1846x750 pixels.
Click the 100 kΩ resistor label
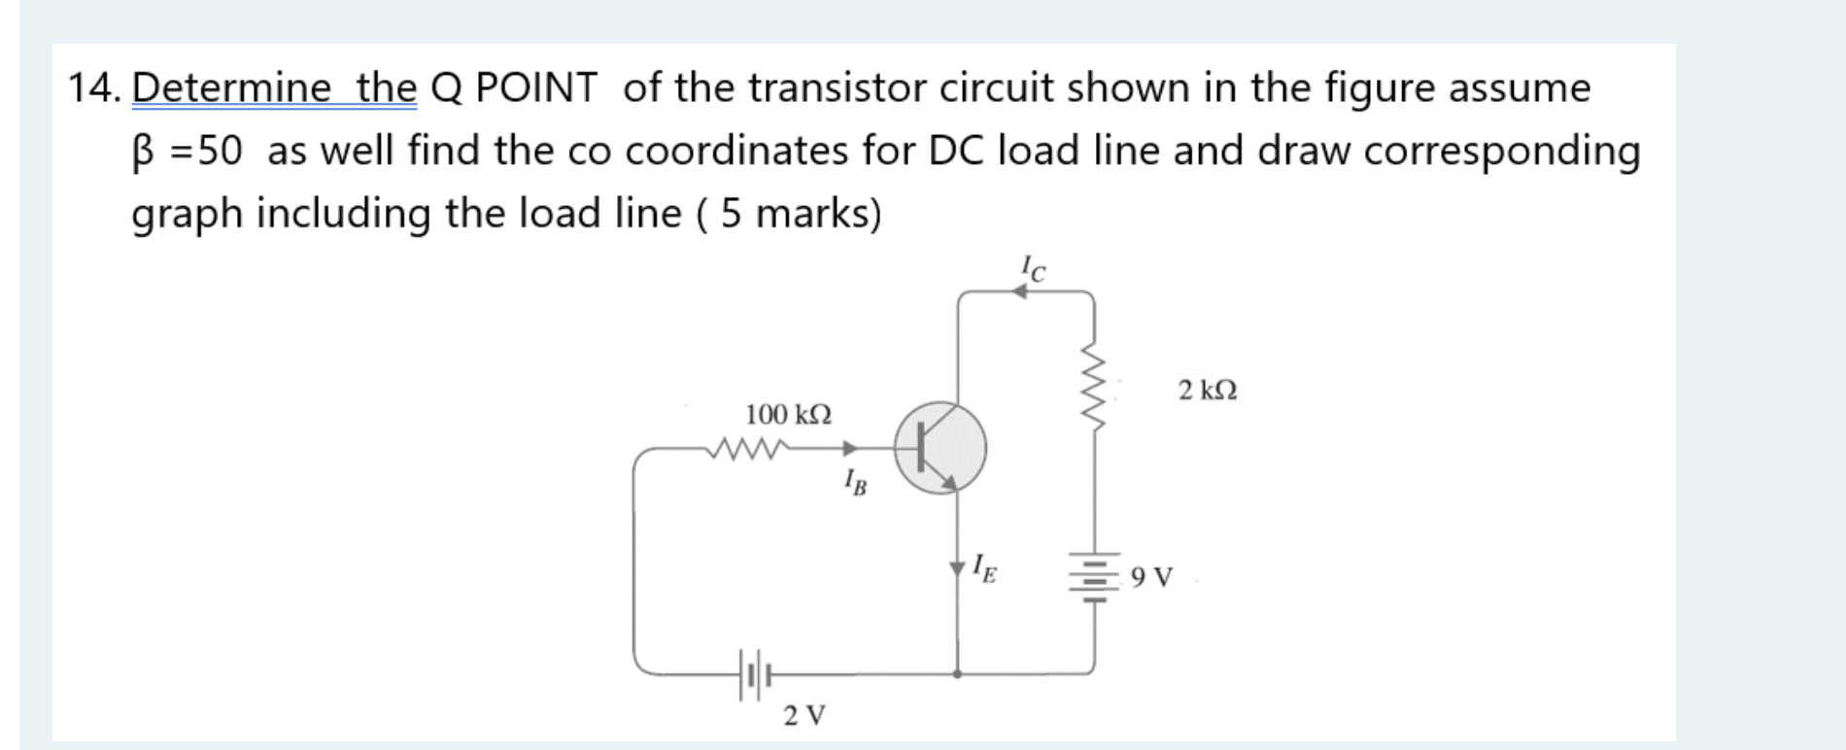point(788,415)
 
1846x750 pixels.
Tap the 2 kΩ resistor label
point(1208,391)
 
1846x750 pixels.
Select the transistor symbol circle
point(940,449)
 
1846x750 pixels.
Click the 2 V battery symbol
point(755,674)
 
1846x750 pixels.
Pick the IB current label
point(856,481)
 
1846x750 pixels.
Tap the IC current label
point(1034,267)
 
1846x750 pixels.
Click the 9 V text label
point(1152,578)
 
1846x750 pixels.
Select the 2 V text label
point(804,717)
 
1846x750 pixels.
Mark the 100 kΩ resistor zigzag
point(748,449)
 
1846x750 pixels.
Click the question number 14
point(94,88)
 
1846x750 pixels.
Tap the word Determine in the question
point(231,88)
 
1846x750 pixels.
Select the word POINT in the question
point(536,88)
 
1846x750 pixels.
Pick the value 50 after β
point(221,151)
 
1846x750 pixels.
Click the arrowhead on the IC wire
point(1019,291)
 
